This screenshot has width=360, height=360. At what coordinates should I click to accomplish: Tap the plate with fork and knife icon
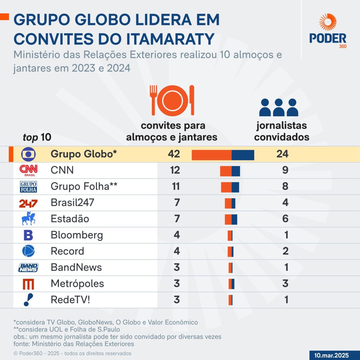173,100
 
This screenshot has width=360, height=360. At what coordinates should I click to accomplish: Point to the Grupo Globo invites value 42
174,154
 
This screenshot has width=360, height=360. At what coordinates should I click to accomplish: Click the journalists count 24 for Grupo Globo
282,154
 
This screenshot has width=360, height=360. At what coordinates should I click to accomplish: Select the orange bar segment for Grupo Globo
211,155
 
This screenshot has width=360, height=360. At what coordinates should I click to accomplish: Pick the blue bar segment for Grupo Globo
243,155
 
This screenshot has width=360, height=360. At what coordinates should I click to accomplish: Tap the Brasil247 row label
72,203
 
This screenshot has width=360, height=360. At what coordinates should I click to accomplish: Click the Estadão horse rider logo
28,219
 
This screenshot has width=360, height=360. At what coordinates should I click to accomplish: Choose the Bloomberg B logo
28,235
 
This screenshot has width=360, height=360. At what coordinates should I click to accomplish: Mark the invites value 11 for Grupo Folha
174,186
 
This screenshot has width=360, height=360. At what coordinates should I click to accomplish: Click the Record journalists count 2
285,251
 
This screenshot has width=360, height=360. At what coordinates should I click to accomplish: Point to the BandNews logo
28,268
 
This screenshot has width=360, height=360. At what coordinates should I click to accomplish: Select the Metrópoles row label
77,283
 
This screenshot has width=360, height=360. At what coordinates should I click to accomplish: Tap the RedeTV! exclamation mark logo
28,300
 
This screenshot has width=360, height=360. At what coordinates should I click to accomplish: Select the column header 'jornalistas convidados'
282,131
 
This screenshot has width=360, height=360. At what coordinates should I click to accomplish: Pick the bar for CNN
230,171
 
